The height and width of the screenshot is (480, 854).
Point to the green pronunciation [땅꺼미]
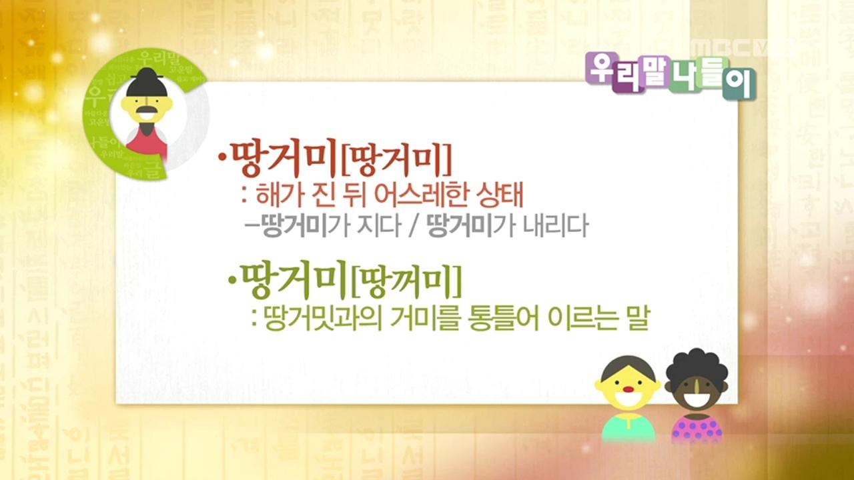[406, 283]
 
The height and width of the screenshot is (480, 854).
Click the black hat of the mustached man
[145, 83]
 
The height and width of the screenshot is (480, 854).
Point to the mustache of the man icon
[147, 111]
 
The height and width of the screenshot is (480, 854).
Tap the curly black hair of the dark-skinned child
[697, 366]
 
